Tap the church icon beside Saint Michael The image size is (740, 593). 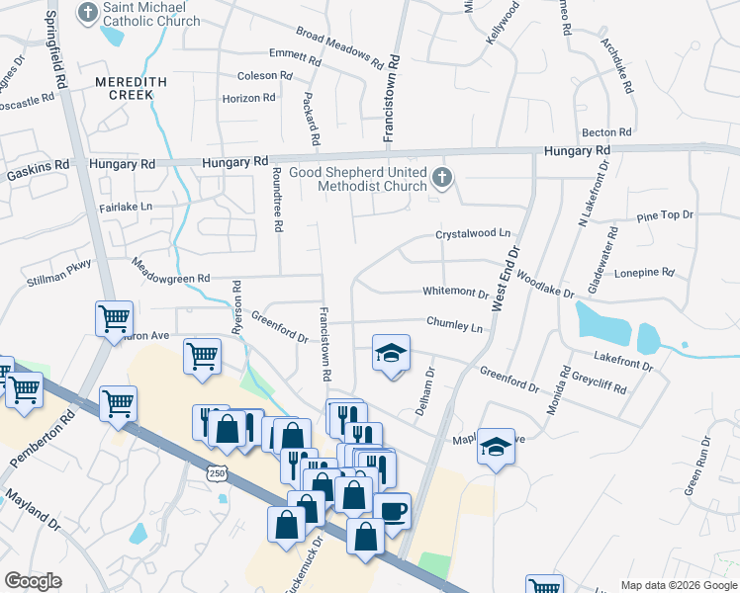(x=89, y=13)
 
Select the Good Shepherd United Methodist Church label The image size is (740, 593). (x=358, y=179)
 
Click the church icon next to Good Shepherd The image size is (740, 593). (x=442, y=179)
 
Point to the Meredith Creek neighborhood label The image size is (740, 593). (x=124, y=88)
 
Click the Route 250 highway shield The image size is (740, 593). (x=218, y=474)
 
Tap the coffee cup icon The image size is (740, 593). (x=393, y=511)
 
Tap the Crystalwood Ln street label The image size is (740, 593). (x=473, y=234)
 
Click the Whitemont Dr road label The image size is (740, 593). (x=455, y=293)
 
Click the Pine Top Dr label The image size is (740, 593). (x=666, y=215)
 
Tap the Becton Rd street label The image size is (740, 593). (x=606, y=132)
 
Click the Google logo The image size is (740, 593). (x=33, y=581)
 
